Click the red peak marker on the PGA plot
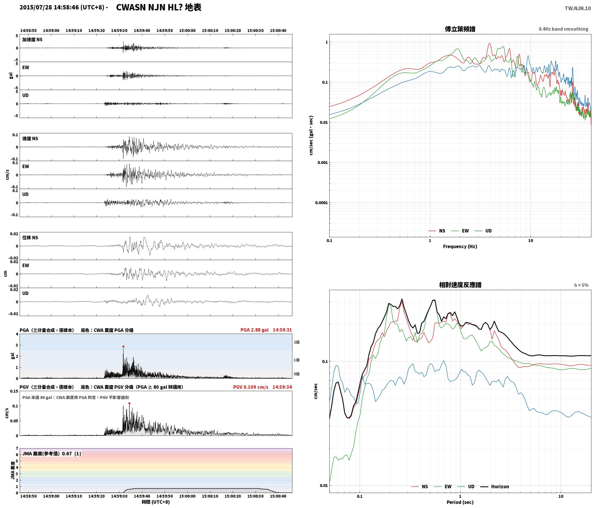coord(123,346)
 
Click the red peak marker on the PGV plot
coord(129,403)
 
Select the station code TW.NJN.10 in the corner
coord(578,8)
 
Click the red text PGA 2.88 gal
coord(254,330)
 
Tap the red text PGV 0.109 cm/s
coord(251,387)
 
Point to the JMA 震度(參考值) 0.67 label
coord(47,453)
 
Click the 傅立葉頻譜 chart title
coord(460,29)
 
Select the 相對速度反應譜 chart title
coord(460,285)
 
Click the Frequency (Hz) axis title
coord(460,246)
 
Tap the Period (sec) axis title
coord(460,502)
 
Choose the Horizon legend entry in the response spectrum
coord(495,487)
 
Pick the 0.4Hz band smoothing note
coord(563,29)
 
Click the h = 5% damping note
coord(581,285)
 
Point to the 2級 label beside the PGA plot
coord(297,342)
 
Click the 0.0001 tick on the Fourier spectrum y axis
coord(322,203)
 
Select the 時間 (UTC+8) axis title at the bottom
coord(156,502)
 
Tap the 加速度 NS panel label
coord(32,40)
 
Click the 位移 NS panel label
coord(30,238)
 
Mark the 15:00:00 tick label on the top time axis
coord(187,31)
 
